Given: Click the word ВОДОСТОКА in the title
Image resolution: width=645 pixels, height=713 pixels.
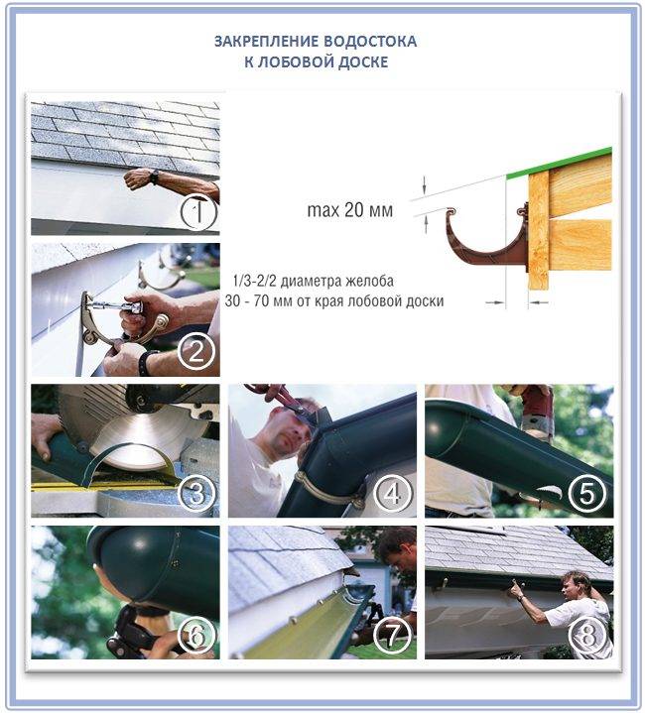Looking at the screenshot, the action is [370, 42].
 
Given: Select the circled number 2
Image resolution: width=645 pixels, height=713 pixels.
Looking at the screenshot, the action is [196, 352].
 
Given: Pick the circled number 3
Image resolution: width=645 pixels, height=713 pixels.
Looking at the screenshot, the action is [196, 494].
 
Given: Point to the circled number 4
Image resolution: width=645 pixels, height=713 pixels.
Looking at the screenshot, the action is [392, 494].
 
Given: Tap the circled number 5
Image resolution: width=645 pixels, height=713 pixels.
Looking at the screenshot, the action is [587, 494].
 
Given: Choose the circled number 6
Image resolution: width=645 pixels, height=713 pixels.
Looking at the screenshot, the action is [196, 636].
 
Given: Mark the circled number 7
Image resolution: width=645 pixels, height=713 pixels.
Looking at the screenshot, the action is [392, 636].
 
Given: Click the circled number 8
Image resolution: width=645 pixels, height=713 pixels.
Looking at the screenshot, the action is [587, 636].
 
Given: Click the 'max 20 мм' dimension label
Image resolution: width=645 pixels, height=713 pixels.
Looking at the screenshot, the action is [350, 210].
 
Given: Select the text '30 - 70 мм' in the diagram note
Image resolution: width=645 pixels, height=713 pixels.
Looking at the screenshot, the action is [259, 301].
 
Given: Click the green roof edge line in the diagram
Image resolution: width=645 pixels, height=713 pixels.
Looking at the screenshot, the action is [559, 163].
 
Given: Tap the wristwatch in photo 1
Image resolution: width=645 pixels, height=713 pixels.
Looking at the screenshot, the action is [155, 177].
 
